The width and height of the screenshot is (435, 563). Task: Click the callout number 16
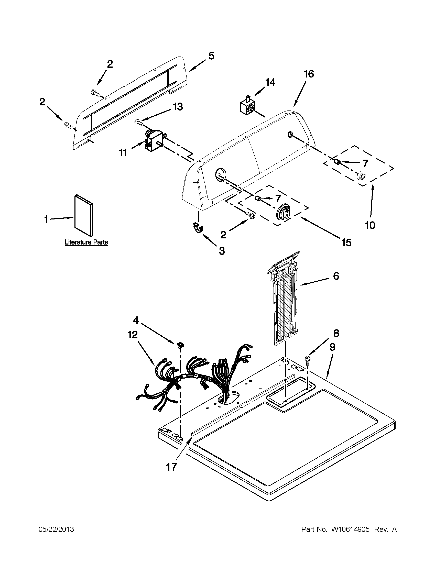click(x=309, y=74)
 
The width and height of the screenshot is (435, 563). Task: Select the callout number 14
click(x=270, y=82)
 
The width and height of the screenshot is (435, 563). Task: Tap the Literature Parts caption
click(x=86, y=242)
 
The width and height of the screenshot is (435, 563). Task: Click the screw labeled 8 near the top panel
click(x=307, y=359)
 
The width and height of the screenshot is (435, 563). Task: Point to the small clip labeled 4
click(x=181, y=345)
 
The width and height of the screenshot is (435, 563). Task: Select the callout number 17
click(x=171, y=467)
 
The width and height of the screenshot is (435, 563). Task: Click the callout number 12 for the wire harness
click(x=133, y=335)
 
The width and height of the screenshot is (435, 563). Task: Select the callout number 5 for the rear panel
click(x=211, y=56)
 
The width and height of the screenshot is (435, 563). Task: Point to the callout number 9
click(x=332, y=348)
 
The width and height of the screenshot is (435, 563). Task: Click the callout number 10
click(x=370, y=226)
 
